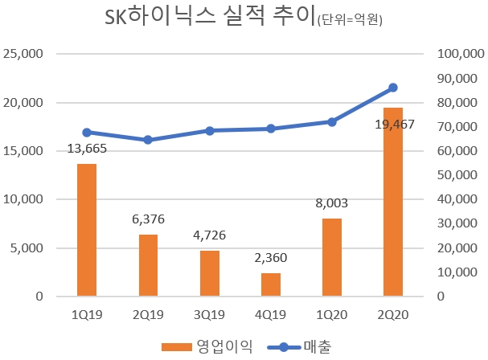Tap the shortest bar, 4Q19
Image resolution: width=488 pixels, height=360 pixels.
click(x=271, y=284)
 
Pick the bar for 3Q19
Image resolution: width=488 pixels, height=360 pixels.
click(x=210, y=273)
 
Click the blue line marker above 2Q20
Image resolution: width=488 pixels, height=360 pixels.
click(x=393, y=88)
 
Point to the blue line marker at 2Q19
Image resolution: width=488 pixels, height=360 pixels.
click(x=148, y=140)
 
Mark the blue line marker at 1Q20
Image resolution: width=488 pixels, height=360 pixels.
click(x=332, y=121)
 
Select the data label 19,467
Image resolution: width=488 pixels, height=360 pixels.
click(x=393, y=125)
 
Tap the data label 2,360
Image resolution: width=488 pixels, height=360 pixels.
click(x=271, y=259)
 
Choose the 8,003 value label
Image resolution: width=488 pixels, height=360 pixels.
click(x=332, y=204)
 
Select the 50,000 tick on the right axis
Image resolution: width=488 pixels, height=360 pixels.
click(x=456, y=175)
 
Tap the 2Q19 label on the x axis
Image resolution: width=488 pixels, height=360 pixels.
click(x=148, y=315)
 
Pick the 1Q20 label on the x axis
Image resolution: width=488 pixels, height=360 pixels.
click(x=332, y=315)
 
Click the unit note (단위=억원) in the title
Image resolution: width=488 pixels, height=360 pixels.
click(x=347, y=21)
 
